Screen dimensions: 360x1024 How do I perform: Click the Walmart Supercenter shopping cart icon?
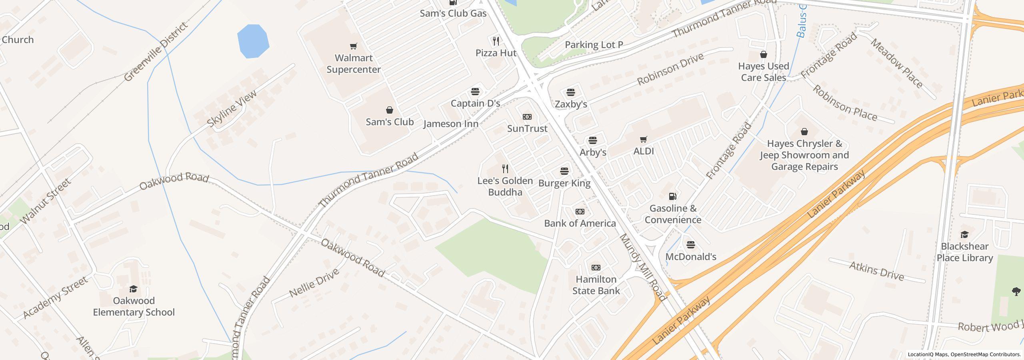[x=353, y=46]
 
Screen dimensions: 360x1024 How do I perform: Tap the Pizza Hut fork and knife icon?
[x=496, y=41]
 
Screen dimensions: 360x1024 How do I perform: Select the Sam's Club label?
[x=390, y=122]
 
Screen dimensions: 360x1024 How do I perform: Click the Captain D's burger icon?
[x=475, y=92]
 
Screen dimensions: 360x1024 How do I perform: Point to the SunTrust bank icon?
[x=527, y=117]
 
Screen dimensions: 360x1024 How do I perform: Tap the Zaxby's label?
[x=571, y=104]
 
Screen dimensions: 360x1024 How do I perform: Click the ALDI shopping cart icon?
[x=644, y=140]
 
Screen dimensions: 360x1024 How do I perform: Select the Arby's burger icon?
[x=593, y=141]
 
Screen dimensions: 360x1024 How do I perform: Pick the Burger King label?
[x=564, y=183]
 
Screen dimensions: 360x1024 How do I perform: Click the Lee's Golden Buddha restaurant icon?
[x=505, y=169]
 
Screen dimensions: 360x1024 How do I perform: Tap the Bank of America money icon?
[x=580, y=212]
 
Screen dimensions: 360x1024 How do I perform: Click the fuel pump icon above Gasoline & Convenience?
[x=673, y=196]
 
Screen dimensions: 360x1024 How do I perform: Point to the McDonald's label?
[x=690, y=257]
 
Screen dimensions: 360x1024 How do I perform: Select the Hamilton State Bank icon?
[x=596, y=268]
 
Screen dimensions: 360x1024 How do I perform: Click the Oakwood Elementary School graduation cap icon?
[x=134, y=289]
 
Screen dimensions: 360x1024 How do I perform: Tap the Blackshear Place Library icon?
[x=964, y=235]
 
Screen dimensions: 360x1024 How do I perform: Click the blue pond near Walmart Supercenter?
[x=252, y=41]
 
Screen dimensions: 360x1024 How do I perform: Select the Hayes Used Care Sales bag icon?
[x=763, y=54]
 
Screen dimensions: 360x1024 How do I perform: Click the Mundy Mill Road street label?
[x=643, y=267]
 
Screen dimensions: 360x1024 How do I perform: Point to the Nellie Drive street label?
[x=314, y=283]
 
